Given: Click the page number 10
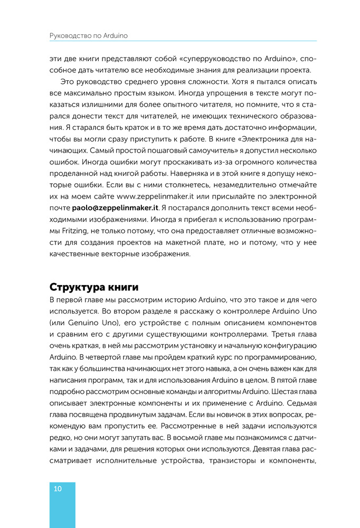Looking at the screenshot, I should pyautogui.click(x=58, y=489).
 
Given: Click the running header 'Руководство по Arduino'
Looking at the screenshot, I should pyautogui.click(x=89, y=36).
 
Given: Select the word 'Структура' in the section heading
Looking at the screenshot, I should pyautogui.click(x=73, y=287).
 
